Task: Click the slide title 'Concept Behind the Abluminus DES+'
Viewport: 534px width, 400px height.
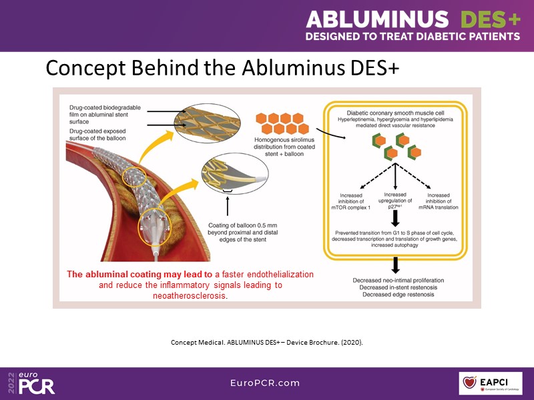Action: (222, 68)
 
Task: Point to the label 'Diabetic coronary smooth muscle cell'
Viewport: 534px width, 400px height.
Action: (396, 114)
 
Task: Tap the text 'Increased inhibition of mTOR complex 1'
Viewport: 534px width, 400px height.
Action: (360, 201)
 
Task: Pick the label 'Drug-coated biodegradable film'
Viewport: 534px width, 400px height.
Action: (107, 112)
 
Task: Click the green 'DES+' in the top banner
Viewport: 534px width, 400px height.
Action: (490, 17)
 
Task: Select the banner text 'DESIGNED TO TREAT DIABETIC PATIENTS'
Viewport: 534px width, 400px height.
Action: (413, 36)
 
